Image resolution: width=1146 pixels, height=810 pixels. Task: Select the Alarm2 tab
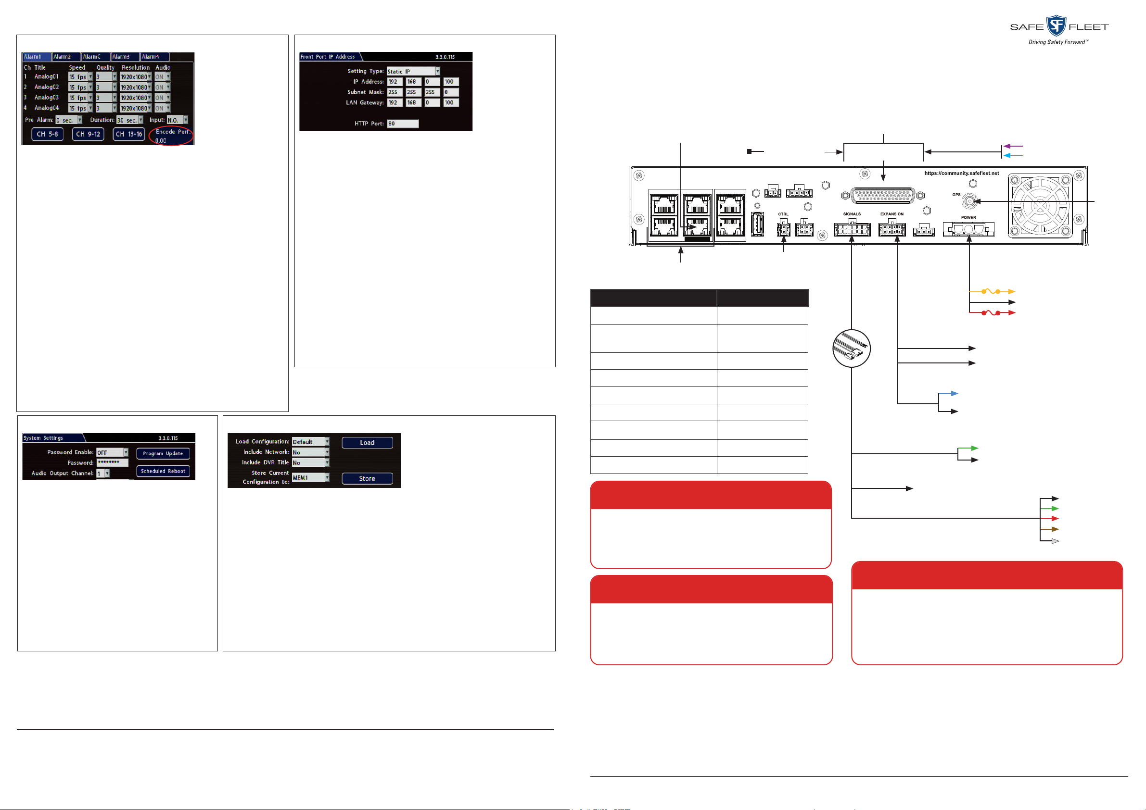coord(65,57)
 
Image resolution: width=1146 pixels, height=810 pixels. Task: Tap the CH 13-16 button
coord(129,134)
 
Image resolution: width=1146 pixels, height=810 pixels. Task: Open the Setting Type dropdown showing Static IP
coord(413,71)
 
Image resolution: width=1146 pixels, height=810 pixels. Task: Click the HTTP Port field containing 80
coord(402,124)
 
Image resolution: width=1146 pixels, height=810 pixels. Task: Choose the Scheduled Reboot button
coord(163,471)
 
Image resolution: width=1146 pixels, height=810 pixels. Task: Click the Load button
coord(367,443)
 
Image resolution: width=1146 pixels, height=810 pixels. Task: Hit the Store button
coord(367,479)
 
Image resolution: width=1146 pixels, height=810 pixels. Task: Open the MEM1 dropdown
coord(310,478)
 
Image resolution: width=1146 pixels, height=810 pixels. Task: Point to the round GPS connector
coord(969,201)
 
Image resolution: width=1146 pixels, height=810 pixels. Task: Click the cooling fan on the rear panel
coord(1040,205)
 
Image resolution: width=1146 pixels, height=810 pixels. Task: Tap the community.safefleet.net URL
coord(961,174)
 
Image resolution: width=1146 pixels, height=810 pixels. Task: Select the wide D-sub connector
coord(883,196)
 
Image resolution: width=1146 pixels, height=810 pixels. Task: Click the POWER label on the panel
coord(968,217)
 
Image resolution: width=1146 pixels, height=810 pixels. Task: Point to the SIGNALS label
coord(852,214)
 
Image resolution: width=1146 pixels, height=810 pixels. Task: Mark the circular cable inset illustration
coord(852,349)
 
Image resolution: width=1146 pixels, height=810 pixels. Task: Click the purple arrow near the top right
coord(1013,146)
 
